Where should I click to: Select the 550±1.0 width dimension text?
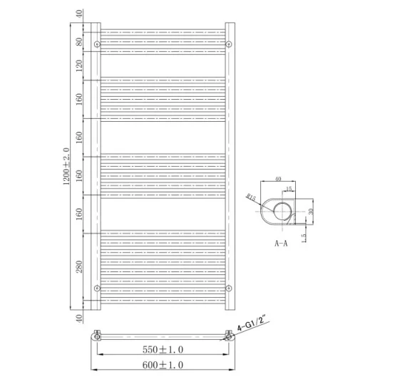(162, 350)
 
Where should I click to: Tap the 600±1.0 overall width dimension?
(162, 365)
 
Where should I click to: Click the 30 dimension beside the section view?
(312, 211)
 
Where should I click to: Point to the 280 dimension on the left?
(80, 267)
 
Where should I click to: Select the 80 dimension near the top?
(80, 41)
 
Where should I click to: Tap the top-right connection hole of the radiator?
(228, 45)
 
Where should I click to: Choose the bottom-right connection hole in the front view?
(228, 288)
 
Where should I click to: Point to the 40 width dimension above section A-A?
(278, 179)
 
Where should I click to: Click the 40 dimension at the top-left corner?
(80, 14)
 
